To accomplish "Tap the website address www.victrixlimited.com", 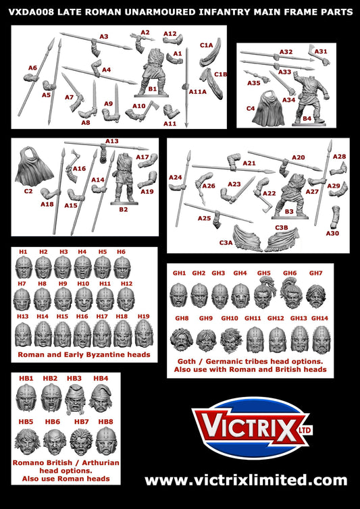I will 245,480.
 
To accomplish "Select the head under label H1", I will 24,267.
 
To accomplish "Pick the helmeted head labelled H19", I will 143,332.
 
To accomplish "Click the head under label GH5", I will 263,294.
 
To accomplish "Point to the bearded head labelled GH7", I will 316,294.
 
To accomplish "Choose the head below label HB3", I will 74,397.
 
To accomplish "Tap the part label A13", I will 111,141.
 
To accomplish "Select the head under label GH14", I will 322,340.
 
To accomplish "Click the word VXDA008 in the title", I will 31,12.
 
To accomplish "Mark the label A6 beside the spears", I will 32,68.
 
